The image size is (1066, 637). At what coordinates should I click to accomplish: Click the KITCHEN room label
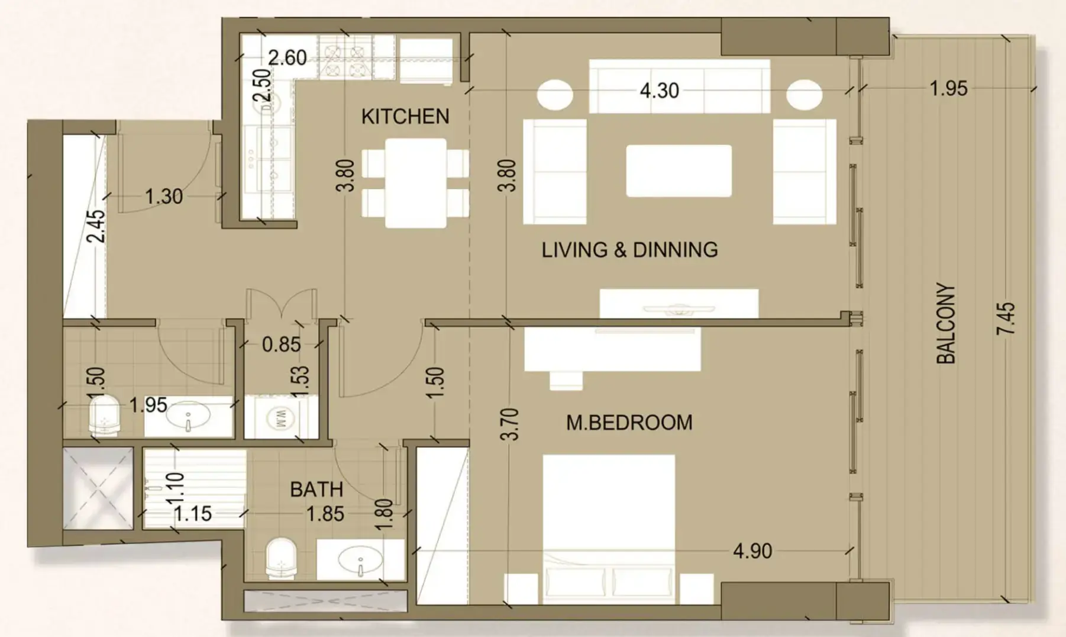coord(405,117)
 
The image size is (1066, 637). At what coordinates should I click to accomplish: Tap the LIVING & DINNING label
coord(629,250)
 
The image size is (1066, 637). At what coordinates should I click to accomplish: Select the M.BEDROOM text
coord(629,423)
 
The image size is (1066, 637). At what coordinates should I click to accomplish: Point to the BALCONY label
coord(946,323)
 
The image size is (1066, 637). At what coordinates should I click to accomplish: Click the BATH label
coord(316,490)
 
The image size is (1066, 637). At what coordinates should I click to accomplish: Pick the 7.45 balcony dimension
coord(1006,318)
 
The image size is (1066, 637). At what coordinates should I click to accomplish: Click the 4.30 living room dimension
coord(659,91)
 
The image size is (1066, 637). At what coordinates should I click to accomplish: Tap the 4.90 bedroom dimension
coord(752,551)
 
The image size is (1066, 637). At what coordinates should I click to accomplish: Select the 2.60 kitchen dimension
coord(288,58)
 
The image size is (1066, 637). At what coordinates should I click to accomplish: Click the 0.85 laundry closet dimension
coord(281,345)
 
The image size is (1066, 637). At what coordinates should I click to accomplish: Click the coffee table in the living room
coord(679,171)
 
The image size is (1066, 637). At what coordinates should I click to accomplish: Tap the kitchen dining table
coord(415,183)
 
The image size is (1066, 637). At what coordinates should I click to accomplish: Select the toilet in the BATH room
coord(280,558)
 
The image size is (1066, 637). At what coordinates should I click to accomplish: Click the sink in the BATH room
coord(360,559)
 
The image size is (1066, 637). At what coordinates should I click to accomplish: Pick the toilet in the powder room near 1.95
coord(104,416)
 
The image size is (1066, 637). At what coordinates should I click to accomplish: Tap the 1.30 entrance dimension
coord(164,197)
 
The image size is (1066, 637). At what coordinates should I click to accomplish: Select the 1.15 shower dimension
coord(193,514)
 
